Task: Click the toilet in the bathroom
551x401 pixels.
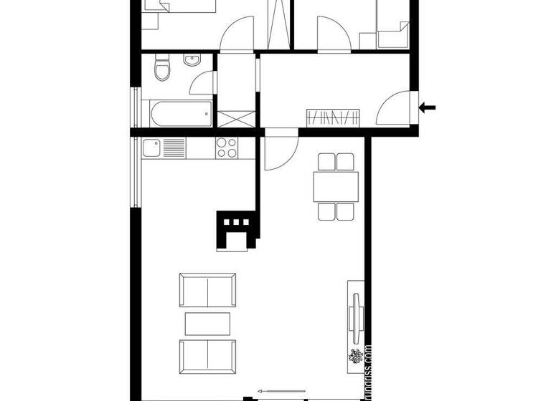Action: coord(162,69)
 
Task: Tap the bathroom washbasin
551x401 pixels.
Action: coord(192,62)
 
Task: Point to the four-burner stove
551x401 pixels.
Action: coord(227,148)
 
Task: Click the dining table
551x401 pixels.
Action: coord(336,187)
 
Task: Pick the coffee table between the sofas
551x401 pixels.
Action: coord(207,324)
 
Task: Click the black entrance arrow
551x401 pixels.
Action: coord(428,108)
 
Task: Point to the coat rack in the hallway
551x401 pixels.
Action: coord(332,117)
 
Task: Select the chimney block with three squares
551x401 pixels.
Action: coord(236,231)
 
